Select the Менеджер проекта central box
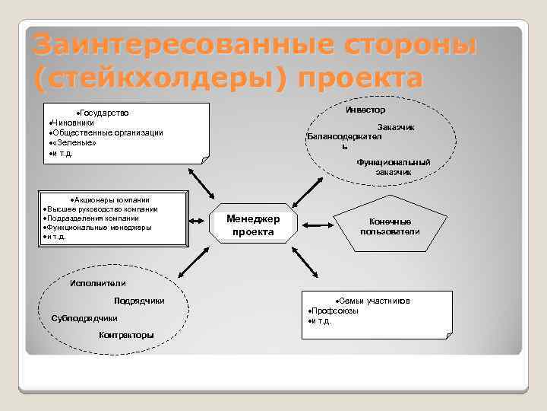(253, 225)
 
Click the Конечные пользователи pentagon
(390, 227)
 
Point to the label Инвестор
(365, 110)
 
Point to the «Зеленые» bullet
(74, 143)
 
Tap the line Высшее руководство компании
(103, 209)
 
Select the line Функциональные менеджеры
(100, 227)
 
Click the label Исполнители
(93, 284)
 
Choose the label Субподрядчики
(84, 318)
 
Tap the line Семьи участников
(375, 301)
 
